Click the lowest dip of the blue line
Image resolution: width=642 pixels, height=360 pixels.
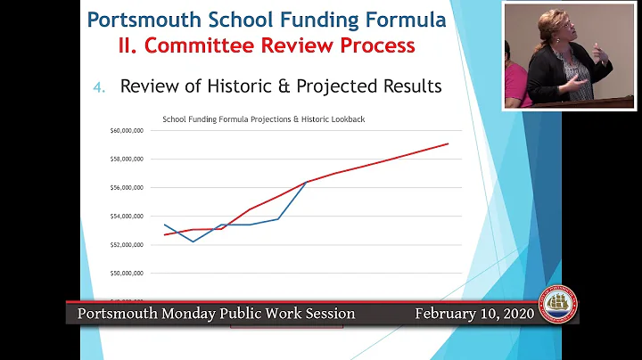pyautogui.click(x=193, y=241)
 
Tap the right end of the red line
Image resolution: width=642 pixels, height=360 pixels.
pyautogui.click(x=449, y=143)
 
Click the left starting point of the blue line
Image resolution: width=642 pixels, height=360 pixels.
pyautogui.click(x=164, y=225)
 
